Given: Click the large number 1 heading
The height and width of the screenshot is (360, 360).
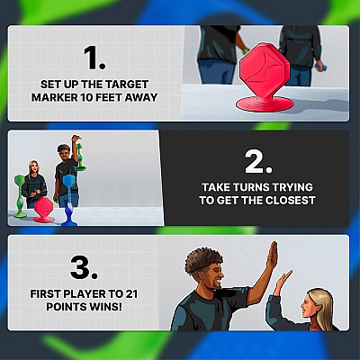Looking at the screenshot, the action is coord(94,58).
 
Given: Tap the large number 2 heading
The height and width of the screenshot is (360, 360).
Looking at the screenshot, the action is coord(258,162).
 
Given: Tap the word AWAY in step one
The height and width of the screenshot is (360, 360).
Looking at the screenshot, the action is coord(142,97).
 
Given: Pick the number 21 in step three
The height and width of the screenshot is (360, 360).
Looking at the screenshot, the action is coord(130,294).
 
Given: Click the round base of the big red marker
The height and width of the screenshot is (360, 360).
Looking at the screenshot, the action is coord(265,103).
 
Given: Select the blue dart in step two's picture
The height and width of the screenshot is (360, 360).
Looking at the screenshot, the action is coord(68,200).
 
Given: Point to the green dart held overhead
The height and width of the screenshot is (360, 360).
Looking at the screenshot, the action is coord(80,156).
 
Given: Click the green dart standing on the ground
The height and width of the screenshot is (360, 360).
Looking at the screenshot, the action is coord(20,196).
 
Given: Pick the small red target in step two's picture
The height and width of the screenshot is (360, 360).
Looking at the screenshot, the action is coord(43,210).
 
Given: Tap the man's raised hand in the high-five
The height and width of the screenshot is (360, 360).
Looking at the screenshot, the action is coord(273,255).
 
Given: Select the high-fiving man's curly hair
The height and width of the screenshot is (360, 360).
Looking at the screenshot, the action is coord(203,260).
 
